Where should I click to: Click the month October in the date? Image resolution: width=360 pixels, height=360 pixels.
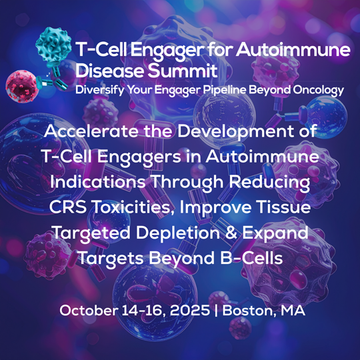[87, 311]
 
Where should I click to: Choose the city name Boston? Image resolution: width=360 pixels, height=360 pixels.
[253, 311]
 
